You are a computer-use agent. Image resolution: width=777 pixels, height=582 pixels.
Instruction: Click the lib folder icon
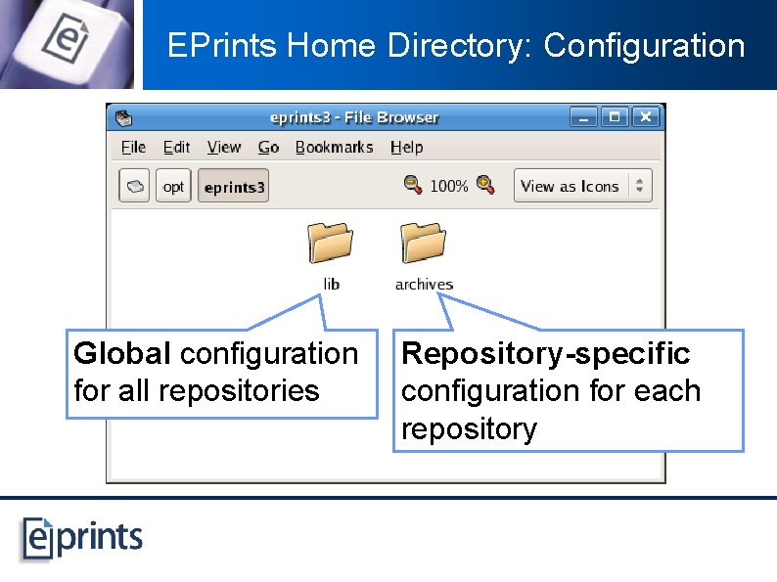pyautogui.click(x=331, y=243)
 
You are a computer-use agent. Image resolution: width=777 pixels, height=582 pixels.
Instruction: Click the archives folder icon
pyautogui.click(x=424, y=243)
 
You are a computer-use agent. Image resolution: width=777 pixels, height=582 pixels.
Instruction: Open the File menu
pyautogui.click(x=133, y=147)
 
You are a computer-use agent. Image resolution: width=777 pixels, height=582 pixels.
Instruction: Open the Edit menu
pyautogui.click(x=177, y=147)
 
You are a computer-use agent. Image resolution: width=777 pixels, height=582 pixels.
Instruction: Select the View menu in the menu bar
pyautogui.click(x=224, y=147)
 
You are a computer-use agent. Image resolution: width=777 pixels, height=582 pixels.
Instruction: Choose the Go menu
pyautogui.click(x=268, y=147)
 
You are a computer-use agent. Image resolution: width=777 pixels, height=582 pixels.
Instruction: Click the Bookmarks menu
pyautogui.click(x=334, y=147)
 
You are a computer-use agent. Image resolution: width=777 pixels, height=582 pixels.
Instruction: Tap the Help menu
pyautogui.click(x=406, y=147)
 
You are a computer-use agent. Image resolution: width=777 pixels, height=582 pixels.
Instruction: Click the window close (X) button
pyautogui.click(x=645, y=117)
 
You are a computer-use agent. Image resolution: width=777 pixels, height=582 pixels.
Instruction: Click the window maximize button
pyautogui.click(x=615, y=117)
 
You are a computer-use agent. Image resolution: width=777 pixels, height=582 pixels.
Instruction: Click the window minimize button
pyautogui.click(x=583, y=117)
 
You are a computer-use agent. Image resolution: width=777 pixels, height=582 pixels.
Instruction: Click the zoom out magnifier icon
pyautogui.click(x=413, y=185)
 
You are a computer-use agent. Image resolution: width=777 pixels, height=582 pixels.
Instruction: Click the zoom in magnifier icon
pyautogui.click(x=485, y=185)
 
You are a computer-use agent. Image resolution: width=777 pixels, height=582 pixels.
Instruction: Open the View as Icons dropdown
pyautogui.click(x=582, y=186)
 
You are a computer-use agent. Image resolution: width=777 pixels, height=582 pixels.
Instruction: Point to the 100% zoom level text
pyautogui.click(x=449, y=186)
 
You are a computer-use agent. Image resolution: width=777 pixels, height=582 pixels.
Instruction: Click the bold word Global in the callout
pyautogui.click(x=123, y=353)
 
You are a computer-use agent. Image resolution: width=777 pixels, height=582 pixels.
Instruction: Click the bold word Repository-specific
pyautogui.click(x=546, y=353)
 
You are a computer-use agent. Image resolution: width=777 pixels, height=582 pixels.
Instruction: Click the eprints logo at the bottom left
pyautogui.click(x=83, y=537)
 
